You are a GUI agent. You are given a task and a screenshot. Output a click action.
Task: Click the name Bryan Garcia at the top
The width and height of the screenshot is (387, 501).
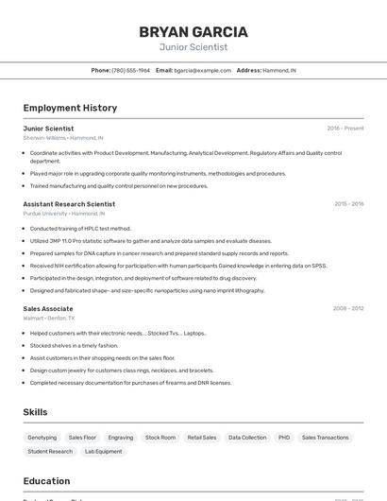click(x=193, y=31)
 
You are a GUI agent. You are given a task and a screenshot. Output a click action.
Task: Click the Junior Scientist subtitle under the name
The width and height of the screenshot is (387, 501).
click(x=193, y=47)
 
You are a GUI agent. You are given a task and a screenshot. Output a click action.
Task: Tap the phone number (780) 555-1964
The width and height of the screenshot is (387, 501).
click(x=131, y=71)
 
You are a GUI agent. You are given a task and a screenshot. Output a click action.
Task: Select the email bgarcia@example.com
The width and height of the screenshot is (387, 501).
click(x=202, y=71)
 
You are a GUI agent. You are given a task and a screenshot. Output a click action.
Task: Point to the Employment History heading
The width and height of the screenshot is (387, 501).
click(x=70, y=108)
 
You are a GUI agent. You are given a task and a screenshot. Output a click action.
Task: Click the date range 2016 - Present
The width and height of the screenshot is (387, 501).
click(x=345, y=129)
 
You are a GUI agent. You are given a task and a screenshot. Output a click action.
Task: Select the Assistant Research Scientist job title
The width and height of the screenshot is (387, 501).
click(x=69, y=204)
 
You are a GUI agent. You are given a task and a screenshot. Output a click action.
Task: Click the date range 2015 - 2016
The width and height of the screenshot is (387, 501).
click(x=348, y=204)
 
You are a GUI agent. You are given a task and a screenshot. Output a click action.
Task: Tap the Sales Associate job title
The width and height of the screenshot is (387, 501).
click(x=48, y=308)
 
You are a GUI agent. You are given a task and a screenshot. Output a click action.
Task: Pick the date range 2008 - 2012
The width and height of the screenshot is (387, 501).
click(x=348, y=308)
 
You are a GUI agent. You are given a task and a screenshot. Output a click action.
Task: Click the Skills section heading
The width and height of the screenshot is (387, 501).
click(x=35, y=412)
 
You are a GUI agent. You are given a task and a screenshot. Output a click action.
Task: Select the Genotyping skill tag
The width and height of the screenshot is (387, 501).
click(x=42, y=438)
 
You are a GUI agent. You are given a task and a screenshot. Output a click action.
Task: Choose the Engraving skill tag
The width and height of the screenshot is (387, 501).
click(x=121, y=438)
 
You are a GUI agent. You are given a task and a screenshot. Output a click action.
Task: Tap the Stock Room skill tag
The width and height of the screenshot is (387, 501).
click(x=160, y=438)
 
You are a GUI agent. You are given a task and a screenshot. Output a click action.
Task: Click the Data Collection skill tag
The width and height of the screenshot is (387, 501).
click(x=247, y=438)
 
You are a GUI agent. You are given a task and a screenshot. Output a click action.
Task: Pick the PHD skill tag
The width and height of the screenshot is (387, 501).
click(x=284, y=438)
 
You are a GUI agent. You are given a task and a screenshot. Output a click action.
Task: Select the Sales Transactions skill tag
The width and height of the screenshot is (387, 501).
click(x=327, y=438)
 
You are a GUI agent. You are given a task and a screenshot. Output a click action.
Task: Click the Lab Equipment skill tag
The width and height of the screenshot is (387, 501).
click(x=103, y=452)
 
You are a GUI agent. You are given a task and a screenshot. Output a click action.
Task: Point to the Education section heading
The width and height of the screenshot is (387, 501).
click(x=46, y=480)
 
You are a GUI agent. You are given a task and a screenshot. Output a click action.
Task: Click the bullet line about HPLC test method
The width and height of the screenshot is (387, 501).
click(x=80, y=229)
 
